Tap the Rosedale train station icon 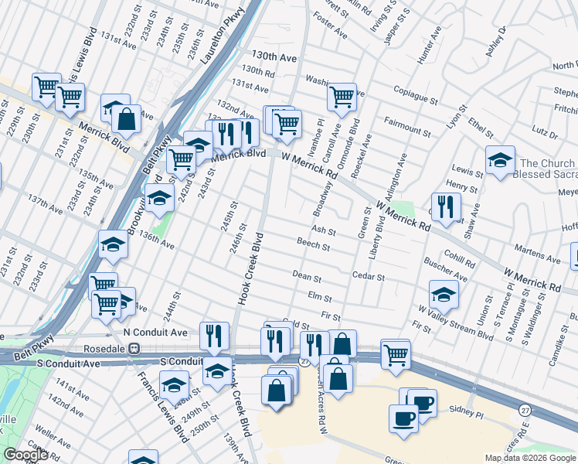pos(134,348)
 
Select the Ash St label pos(323,231)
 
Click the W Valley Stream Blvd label pos(456,321)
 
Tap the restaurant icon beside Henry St pos(446,206)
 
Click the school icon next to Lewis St pos(500,161)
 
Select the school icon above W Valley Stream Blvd pos(443,294)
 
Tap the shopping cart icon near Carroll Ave pos(341,97)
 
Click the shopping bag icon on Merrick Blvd pos(126,119)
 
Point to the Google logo pos(25,455)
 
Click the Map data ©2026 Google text pos(530,457)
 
